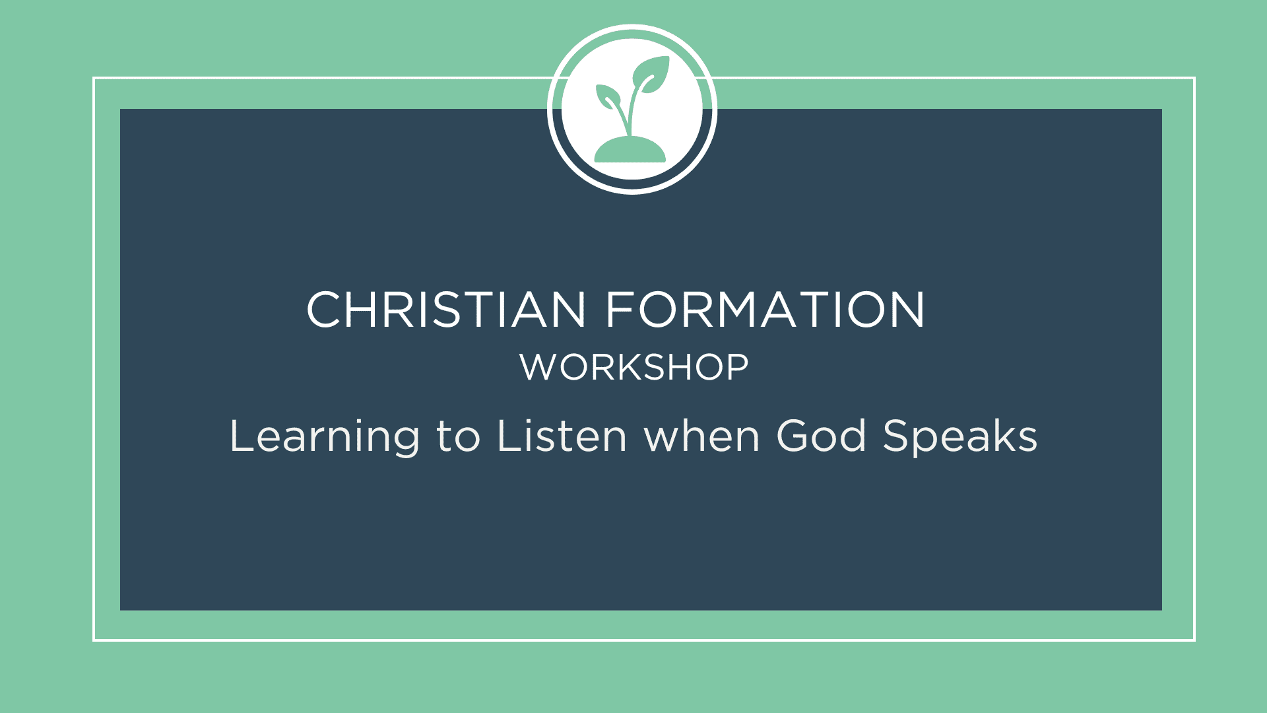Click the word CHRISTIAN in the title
[x=446, y=310]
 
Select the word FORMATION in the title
[x=765, y=310]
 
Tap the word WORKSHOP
[x=634, y=367]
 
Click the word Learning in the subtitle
[x=325, y=437]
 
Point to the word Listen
[x=562, y=436]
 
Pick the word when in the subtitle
[x=702, y=436]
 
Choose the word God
[x=821, y=436]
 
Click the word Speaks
[x=960, y=437]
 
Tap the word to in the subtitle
[x=458, y=437]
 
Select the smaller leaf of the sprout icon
[x=608, y=96]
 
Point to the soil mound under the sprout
[x=630, y=150]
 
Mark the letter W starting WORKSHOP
[x=537, y=367]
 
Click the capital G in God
[x=793, y=436]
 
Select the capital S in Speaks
[x=897, y=436]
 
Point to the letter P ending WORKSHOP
[x=738, y=367]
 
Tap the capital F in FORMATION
[x=619, y=310]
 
